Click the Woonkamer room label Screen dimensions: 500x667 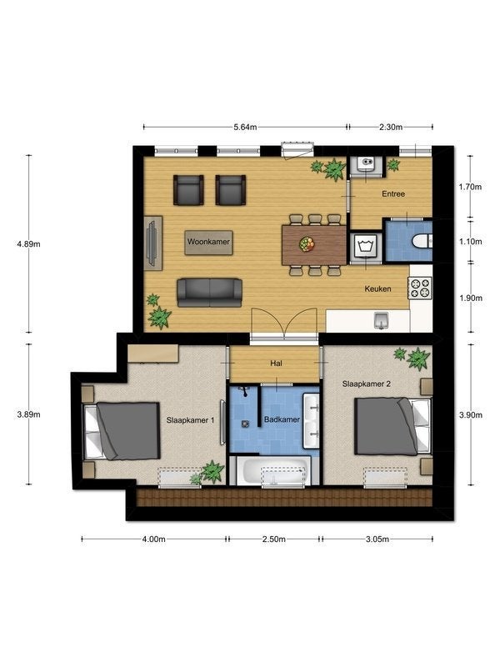pos(208,242)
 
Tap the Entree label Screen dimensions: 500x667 pos(393,194)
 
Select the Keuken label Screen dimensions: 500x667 pos(378,288)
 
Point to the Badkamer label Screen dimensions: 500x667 pos(282,419)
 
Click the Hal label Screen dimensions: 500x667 pos(277,364)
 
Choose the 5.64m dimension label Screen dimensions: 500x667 pos(245,127)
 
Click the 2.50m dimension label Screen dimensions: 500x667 pos(274,539)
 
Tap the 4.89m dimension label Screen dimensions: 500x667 pos(28,244)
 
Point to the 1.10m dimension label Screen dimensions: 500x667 pos(471,242)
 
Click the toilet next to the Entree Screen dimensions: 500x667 pos(422,241)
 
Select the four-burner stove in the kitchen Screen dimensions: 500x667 pos(420,288)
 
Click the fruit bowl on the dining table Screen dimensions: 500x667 pos(307,243)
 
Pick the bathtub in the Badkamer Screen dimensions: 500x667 pos(274,470)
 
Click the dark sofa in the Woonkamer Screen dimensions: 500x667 pos(210,293)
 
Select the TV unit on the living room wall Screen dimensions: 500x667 pos(153,243)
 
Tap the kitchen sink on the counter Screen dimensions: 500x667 pos(382,321)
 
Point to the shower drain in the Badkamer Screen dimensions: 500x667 pos(245,424)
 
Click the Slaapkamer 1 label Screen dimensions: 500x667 pos(191,420)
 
